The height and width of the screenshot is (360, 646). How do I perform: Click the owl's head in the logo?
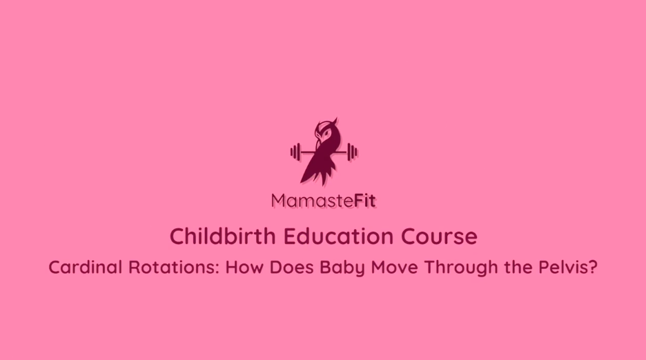(326, 131)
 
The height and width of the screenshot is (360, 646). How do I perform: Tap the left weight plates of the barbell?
(295, 152)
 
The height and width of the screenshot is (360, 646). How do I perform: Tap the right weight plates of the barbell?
(352, 152)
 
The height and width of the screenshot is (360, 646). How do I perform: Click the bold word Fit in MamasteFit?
(365, 201)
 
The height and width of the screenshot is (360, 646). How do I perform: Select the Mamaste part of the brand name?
(313, 201)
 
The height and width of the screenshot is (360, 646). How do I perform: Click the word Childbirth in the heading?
(223, 236)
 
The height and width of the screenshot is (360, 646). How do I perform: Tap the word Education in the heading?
(339, 236)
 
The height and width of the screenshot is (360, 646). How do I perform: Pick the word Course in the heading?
(439, 237)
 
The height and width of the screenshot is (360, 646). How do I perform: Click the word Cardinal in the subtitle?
(86, 268)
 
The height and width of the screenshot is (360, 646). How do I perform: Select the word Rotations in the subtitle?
(173, 268)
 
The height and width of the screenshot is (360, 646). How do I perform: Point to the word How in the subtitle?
(244, 268)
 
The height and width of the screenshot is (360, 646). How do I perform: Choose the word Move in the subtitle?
(394, 268)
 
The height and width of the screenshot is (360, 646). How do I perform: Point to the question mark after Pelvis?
(593, 268)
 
